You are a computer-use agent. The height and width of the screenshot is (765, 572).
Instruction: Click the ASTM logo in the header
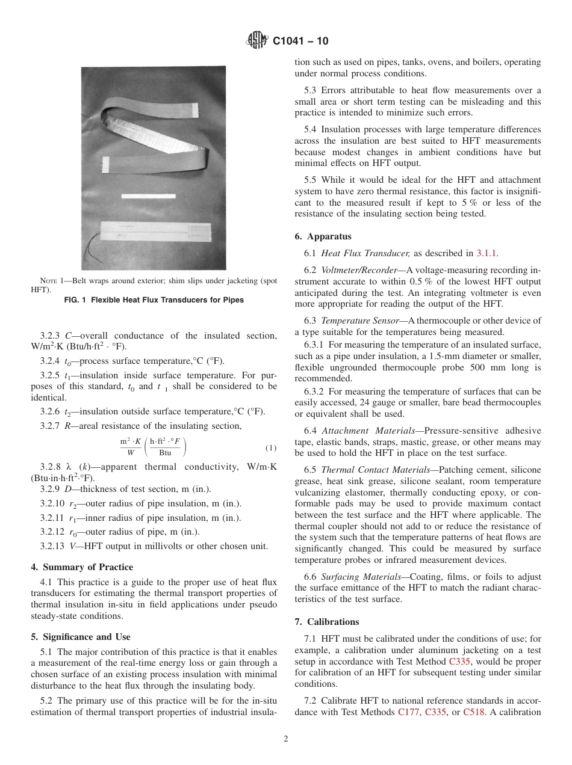(257, 41)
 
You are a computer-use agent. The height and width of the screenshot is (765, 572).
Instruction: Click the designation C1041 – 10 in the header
(300, 42)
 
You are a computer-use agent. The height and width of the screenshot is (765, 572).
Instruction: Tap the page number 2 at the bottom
(286, 739)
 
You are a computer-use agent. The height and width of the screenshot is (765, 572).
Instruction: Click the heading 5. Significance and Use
(81, 637)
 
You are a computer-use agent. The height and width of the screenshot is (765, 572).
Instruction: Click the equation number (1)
(270, 449)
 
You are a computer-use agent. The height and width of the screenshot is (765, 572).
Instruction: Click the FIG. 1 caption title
(154, 300)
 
